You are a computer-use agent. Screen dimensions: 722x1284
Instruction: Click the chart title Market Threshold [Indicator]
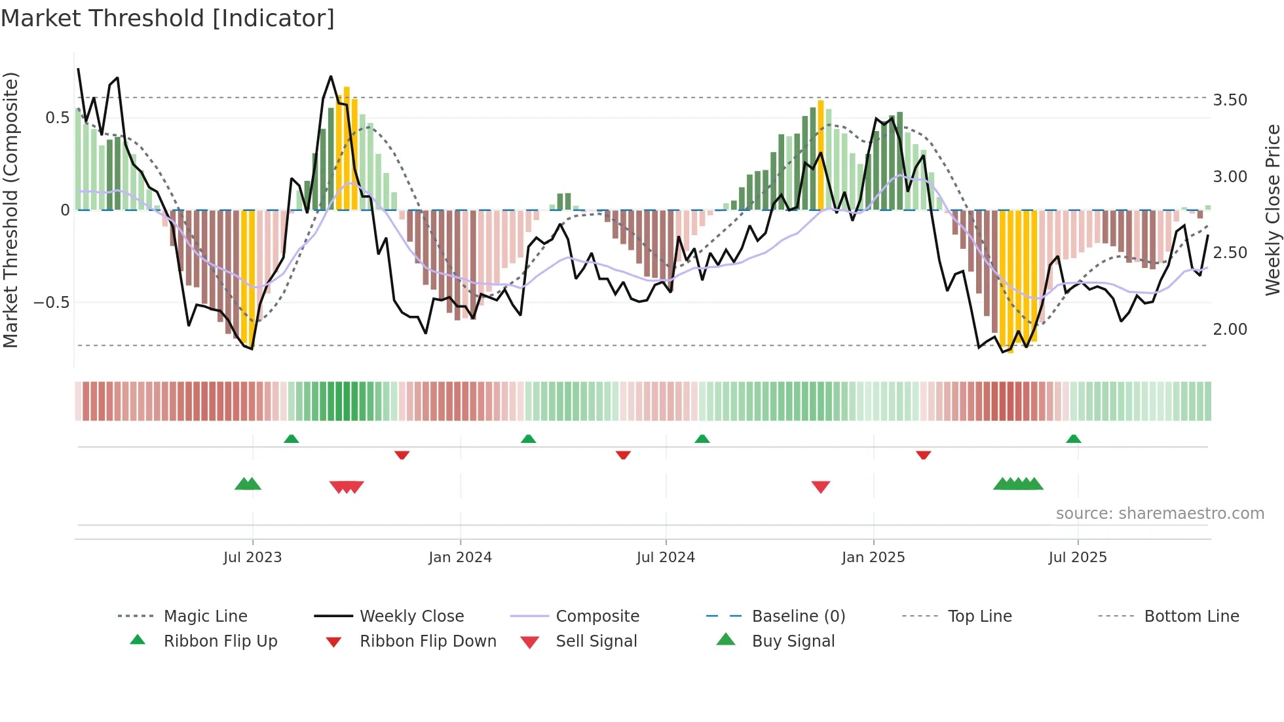tap(168, 18)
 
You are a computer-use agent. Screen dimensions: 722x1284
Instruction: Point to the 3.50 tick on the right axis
tap(1230, 100)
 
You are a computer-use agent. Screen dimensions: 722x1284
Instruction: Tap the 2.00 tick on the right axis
tap(1230, 330)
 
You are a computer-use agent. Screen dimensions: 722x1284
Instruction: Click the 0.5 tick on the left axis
tap(57, 118)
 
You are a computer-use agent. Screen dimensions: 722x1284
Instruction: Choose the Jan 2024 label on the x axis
tap(460, 558)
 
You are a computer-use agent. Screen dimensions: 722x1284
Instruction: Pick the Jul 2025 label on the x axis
tap(1077, 558)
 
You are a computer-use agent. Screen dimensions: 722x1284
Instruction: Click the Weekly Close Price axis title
tap(1272, 210)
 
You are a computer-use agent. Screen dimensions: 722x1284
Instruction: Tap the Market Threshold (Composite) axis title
tap(10, 210)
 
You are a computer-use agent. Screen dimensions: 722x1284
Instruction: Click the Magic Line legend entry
tap(205, 617)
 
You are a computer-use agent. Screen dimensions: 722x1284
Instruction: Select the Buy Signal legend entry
tap(793, 641)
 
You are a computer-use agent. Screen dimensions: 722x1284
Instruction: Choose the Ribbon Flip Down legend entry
tap(427, 641)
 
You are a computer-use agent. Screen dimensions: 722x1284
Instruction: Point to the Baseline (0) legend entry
tap(798, 617)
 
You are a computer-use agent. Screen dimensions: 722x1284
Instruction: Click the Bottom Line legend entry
tap(1191, 617)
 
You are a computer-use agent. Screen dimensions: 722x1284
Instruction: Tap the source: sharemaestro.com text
tap(1160, 514)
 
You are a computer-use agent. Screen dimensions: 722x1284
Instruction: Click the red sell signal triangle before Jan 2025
tap(820, 486)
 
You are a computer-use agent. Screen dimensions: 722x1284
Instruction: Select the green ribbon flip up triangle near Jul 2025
tap(1073, 439)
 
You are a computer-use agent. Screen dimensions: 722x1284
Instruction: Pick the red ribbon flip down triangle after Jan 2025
tap(923, 455)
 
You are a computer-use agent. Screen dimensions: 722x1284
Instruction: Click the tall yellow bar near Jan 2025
tap(820, 155)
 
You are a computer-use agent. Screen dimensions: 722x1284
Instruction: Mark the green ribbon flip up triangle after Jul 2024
tap(702, 439)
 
